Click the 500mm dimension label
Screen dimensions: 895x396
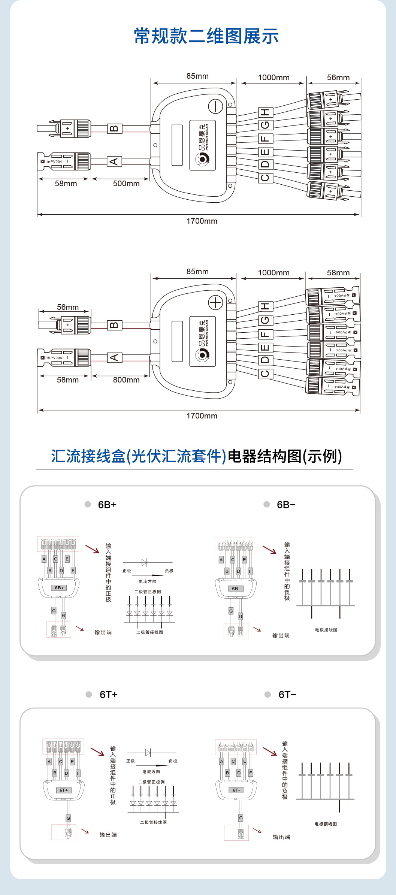(x=126, y=184)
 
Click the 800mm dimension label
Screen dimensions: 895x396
(x=126, y=380)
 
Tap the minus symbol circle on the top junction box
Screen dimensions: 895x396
(x=215, y=106)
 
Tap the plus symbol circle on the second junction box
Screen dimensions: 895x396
(x=215, y=302)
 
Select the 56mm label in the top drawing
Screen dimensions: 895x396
(x=338, y=78)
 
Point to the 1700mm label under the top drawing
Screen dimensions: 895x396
(x=202, y=221)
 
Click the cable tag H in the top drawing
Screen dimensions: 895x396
(x=265, y=112)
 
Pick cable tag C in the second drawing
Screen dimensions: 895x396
(x=265, y=374)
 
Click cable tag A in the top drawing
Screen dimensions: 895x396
(x=114, y=161)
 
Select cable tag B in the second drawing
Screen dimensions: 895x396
(x=114, y=325)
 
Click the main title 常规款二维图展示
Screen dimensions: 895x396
(x=206, y=36)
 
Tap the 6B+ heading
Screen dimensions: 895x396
(x=107, y=505)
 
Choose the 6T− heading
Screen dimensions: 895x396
(x=287, y=695)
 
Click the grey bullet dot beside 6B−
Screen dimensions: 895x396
(x=267, y=504)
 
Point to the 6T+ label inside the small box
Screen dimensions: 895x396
(x=64, y=790)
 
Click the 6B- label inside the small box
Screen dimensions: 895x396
(x=236, y=589)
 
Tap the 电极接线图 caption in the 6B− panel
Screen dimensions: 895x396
(x=326, y=630)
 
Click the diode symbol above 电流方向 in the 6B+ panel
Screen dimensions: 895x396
(x=145, y=562)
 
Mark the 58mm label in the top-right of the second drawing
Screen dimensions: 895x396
(x=338, y=273)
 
